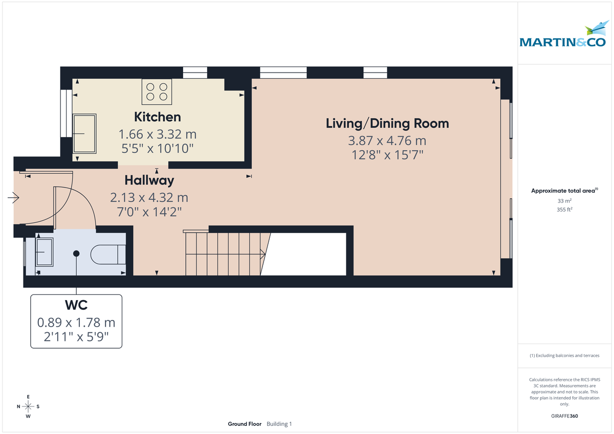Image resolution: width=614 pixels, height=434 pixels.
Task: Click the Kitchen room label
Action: coord(157,117)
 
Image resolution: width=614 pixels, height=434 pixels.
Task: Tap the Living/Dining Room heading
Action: coord(387,123)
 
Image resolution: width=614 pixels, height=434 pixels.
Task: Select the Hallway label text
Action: coord(149,180)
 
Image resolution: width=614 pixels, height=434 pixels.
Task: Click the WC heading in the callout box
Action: coord(76,305)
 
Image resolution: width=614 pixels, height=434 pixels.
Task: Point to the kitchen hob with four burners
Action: coord(157,92)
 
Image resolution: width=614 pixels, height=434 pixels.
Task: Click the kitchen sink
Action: coord(85,133)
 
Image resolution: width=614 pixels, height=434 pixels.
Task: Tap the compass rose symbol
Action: coord(28,406)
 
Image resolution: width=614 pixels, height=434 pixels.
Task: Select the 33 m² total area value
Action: coord(564,201)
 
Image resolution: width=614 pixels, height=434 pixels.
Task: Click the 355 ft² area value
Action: coord(564,210)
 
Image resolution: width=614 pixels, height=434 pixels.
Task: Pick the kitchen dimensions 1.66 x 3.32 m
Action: coord(157,134)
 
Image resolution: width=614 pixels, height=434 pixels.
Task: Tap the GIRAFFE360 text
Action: coord(564,416)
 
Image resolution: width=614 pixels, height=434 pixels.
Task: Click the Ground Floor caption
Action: coord(245,424)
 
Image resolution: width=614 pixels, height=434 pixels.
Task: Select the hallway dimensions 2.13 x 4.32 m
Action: coord(149,197)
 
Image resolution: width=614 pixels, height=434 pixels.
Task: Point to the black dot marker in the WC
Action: coord(76,253)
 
